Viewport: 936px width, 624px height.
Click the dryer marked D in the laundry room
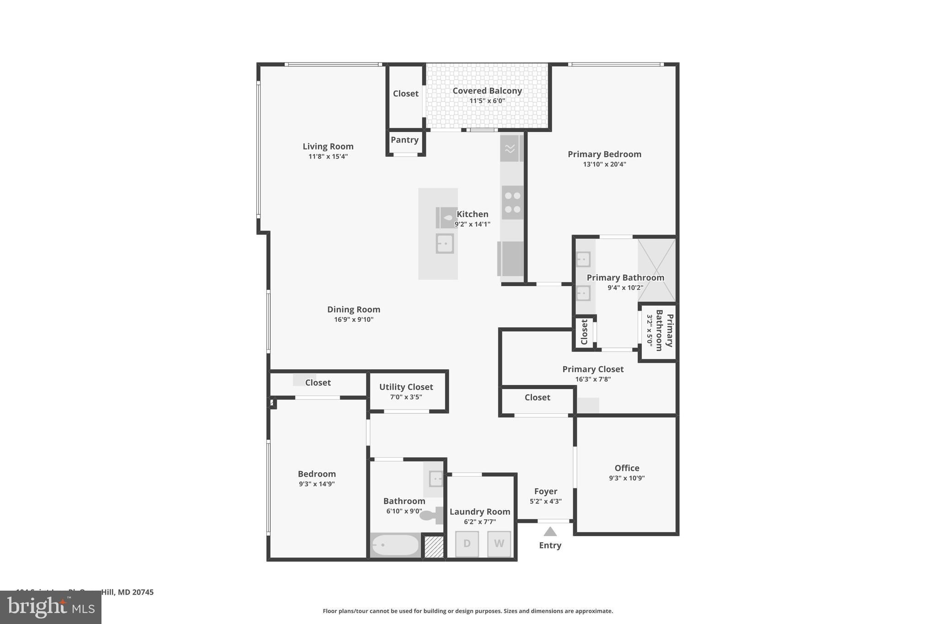tap(467, 544)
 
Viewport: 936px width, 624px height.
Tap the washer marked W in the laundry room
tap(499, 544)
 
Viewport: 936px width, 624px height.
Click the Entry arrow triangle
tap(550, 532)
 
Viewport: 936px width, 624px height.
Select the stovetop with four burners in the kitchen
tap(512, 203)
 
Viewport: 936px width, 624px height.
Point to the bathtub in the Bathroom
tap(395, 545)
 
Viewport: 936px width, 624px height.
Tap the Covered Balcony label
tap(487, 91)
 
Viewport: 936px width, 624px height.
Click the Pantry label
tap(404, 140)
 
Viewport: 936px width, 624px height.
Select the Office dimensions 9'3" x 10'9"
tap(627, 478)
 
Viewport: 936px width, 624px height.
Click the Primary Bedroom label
tap(604, 154)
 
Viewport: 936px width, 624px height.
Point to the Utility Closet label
tap(406, 387)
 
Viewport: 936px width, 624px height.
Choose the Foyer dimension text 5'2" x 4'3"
tap(545, 501)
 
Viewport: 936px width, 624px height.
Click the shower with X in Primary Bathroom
tap(657, 270)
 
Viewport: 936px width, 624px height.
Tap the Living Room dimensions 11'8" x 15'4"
tap(328, 156)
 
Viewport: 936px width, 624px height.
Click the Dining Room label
tap(353, 309)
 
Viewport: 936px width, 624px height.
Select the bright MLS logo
tap(51, 608)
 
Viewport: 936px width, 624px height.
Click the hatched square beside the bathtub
tap(434, 547)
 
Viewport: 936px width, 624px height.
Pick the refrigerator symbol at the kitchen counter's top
tap(511, 148)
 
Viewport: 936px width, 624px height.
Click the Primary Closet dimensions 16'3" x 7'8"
tap(593, 379)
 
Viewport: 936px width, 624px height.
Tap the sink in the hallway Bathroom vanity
tap(436, 479)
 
